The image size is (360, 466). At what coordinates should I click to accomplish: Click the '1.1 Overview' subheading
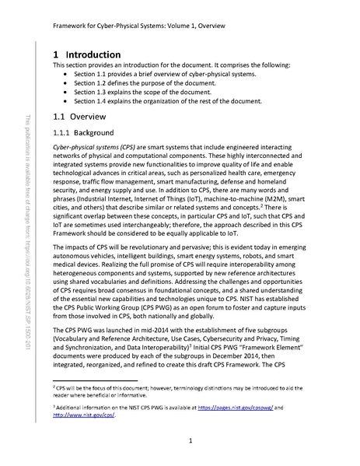pyautogui.click(x=79, y=117)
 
